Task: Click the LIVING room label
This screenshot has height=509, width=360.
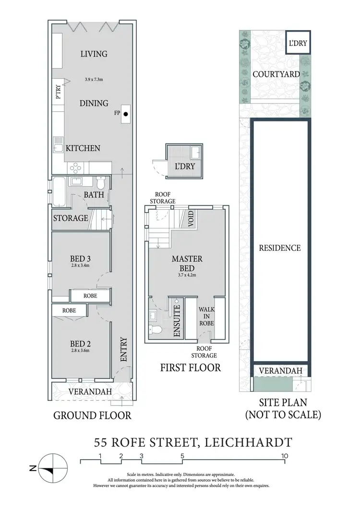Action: (x=94, y=54)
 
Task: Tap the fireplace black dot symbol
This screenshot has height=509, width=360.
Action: (x=126, y=114)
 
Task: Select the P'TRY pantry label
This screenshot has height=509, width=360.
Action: (x=59, y=92)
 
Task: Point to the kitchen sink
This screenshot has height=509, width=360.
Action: (x=58, y=143)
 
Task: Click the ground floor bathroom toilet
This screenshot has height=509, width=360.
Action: (x=101, y=183)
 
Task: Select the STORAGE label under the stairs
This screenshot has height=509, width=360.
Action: (x=71, y=218)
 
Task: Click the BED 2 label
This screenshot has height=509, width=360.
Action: (x=80, y=343)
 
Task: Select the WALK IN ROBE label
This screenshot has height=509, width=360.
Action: (x=206, y=317)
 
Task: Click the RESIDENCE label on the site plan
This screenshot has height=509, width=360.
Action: (x=280, y=248)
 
